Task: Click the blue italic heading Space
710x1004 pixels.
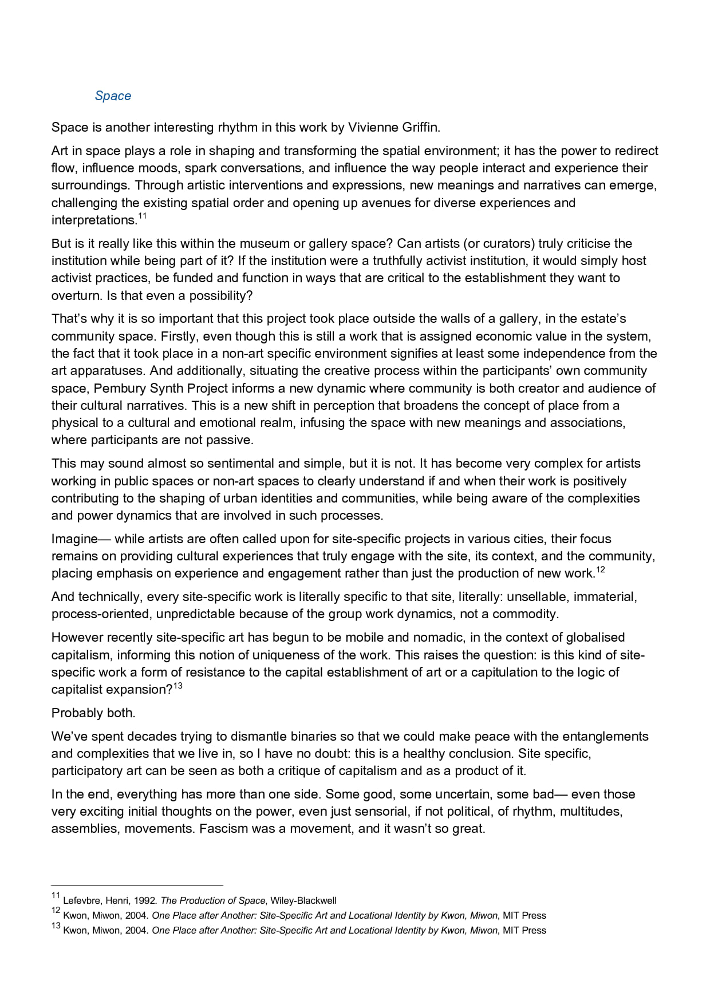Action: click(x=113, y=96)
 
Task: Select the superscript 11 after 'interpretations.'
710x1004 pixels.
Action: click(x=143, y=216)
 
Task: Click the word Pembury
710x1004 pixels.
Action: click(x=120, y=388)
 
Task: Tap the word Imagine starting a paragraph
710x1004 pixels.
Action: click(x=74, y=539)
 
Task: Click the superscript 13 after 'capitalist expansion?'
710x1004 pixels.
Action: click(x=178, y=686)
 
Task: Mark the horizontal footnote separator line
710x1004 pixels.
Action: click(x=137, y=884)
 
